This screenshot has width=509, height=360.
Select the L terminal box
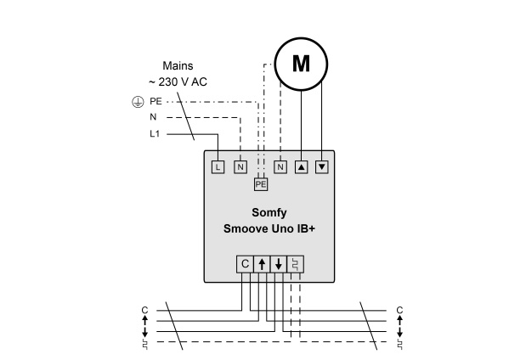tap(218, 167)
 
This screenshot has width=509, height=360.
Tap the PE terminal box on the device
tap(261, 184)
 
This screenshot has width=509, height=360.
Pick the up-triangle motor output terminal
tap(302, 167)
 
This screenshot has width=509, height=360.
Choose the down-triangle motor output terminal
tap(322, 167)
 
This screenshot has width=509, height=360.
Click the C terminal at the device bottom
tap(245, 264)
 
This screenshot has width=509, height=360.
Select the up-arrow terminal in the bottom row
tap(262, 264)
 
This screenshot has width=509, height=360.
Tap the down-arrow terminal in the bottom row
tap(279, 264)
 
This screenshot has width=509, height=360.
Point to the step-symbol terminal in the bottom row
tap(296, 264)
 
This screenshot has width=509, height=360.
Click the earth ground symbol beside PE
tap(138, 102)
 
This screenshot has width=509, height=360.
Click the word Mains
tap(178, 66)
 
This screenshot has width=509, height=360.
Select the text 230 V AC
tap(183, 82)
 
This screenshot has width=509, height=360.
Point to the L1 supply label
tap(155, 133)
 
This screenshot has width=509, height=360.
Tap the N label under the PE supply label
tap(153, 117)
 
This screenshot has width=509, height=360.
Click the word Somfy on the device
tap(269, 213)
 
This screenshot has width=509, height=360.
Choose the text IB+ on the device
tap(306, 228)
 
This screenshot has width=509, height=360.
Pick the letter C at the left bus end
tap(144, 311)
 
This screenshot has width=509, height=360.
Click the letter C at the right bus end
tap(399, 311)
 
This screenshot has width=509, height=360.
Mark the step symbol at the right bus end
tap(400, 345)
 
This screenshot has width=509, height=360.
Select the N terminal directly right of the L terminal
tap(240, 167)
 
